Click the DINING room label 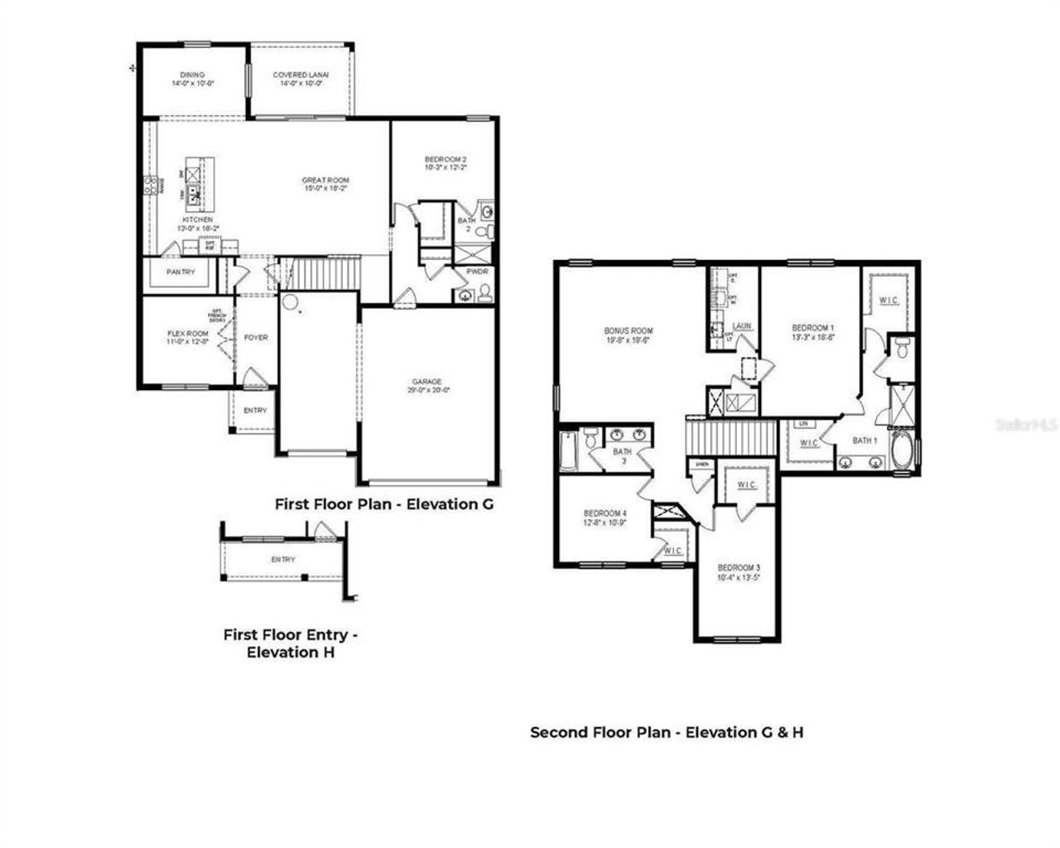click(192, 75)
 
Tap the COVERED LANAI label click(301, 75)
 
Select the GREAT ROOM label click(325, 181)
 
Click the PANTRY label click(181, 272)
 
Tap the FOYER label click(256, 338)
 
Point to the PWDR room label click(477, 271)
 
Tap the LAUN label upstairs click(742, 326)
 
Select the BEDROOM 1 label click(812, 327)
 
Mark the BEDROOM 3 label click(739, 567)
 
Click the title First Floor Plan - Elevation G click(383, 503)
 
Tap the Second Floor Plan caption click(666, 732)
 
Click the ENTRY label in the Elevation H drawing click(283, 560)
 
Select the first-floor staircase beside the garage click(329, 271)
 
